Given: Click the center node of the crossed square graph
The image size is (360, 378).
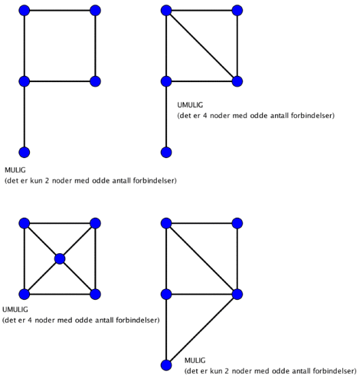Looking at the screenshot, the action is pyautogui.click(x=60, y=259).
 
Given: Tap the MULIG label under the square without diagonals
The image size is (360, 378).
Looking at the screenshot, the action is pyautogui.click(x=15, y=170).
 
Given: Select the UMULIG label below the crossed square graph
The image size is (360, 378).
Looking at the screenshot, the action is pyautogui.click(x=15, y=309).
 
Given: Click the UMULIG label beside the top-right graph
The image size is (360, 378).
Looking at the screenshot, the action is pyautogui.click(x=190, y=105).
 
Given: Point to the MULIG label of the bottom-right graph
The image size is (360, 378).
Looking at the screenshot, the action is pyautogui.click(x=195, y=360).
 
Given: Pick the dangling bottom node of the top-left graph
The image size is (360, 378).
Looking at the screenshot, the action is pyautogui.click(x=24, y=153).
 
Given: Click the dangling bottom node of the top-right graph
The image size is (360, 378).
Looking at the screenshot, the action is pyautogui.click(x=166, y=153).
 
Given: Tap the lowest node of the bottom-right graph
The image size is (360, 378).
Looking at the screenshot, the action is pyautogui.click(x=166, y=365).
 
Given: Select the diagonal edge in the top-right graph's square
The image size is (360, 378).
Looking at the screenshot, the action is pyautogui.click(x=202, y=46).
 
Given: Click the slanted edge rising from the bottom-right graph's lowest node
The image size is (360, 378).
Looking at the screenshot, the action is pyautogui.click(x=202, y=330).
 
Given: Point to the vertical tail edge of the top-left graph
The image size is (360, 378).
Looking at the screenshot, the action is pyautogui.click(x=24, y=117).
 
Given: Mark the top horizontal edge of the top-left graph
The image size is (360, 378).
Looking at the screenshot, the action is pyautogui.click(x=60, y=11).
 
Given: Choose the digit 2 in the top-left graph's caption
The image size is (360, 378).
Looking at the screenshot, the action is pyautogui.click(x=47, y=181).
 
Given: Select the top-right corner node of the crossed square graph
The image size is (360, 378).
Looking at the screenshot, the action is pyautogui.click(x=95, y=223).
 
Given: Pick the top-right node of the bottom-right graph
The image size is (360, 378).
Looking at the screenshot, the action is pyautogui.click(x=238, y=223).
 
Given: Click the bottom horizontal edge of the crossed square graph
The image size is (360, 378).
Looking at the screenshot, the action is pyautogui.click(x=60, y=294).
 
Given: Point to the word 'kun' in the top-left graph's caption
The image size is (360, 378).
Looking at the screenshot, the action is pyautogui.click(x=37, y=181).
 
